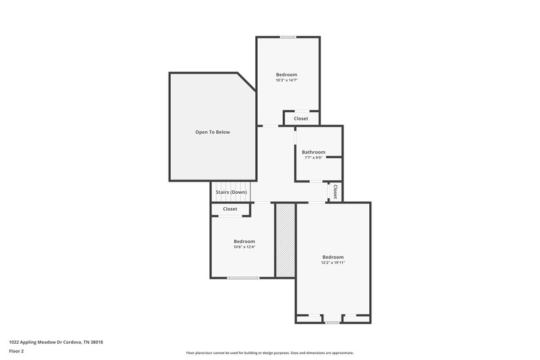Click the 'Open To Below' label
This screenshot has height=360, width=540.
pyautogui.click(x=213, y=132)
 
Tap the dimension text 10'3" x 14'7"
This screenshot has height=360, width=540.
pyautogui.click(x=287, y=80)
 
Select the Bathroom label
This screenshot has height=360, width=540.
pyautogui.click(x=313, y=152)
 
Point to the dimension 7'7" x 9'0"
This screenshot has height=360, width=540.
pyautogui.click(x=313, y=158)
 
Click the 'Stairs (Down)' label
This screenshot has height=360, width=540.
pyautogui.click(x=231, y=192)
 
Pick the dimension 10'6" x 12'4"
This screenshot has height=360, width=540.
pyautogui.click(x=244, y=247)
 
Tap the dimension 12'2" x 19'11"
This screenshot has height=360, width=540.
pyautogui.click(x=333, y=263)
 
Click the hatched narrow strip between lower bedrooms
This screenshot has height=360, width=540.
pyautogui.click(x=286, y=240)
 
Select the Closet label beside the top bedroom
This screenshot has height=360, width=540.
pyautogui.click(x=301, y=119)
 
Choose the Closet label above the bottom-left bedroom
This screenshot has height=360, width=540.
pyautogui.click(x=230, y=209)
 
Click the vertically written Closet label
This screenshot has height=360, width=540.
pyautogui.click(x=335, y=192)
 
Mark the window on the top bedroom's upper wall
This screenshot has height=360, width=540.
pyautogui.click(x=288, y=37)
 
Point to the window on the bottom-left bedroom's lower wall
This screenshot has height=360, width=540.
pyautogui.click(x=243, y=278)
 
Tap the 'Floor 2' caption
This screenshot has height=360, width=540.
pyautogui.click(x=17, y=351)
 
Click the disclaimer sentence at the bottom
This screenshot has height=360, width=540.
pyautogui.click(x=270, y=353)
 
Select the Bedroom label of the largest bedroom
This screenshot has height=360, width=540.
pyautogui.click(x=333, y=257)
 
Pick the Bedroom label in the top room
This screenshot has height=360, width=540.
pyautogui.click(x=287, y=74)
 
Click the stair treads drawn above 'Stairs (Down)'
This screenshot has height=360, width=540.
pyautogui.click(x=231, y=186)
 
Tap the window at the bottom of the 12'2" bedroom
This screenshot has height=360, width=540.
pyautogui.click(x=331, y=323)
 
